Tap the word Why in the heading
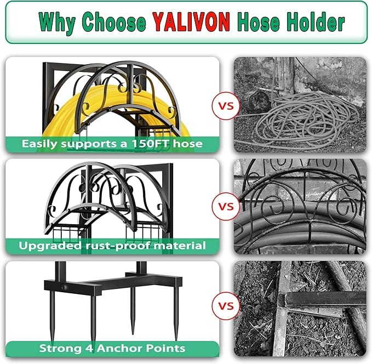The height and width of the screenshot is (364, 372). pos(57,23)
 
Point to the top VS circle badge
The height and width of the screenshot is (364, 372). pos(226,106)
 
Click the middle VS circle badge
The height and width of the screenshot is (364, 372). pos(226,206)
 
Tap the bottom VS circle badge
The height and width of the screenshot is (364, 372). pos(226,306)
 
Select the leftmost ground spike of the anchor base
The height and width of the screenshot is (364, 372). pos(52,316)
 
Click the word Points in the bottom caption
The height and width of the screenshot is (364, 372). pos(165,348)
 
